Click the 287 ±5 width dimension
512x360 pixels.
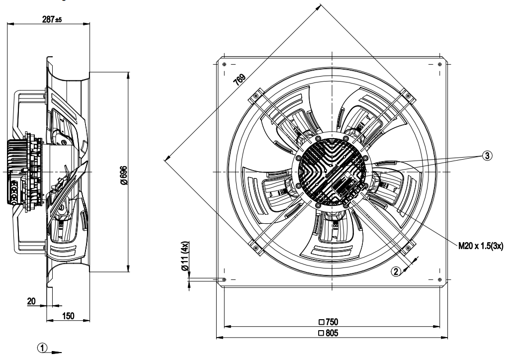pos(52,19)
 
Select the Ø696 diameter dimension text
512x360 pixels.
pos(124,176)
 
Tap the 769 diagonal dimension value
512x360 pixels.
pos(240,80)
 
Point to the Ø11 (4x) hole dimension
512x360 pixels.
pos(185,256)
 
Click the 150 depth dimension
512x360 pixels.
pos(68,316)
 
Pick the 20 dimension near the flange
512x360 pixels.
pos(31,301)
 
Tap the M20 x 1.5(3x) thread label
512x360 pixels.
pos(481,246)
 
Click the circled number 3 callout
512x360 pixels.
pos(487,156)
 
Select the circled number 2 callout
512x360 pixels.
pos(396,271)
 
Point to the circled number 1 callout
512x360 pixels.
pos(42,348)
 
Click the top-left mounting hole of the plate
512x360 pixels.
pos(224,64)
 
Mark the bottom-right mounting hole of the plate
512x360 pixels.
pos(439,279)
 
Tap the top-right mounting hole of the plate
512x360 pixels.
pos(439,64)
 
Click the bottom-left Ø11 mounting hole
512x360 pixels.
pos(224,279)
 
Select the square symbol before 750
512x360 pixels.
pos(321,322)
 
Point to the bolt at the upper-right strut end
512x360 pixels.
pos(408,95)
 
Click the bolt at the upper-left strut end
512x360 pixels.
pos(256,95)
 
